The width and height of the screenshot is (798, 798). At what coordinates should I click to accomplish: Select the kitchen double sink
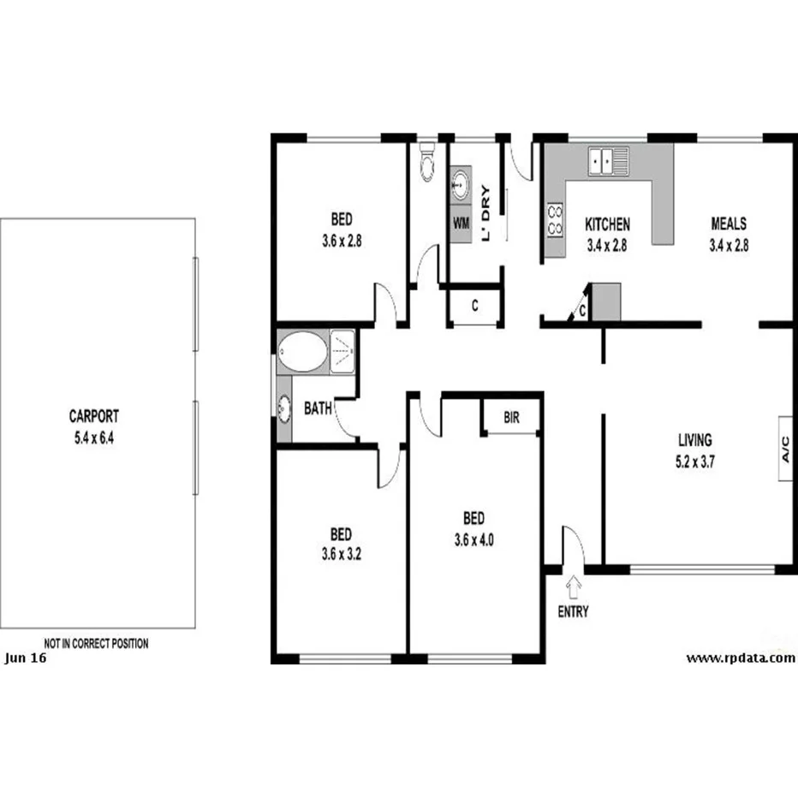[607, 160]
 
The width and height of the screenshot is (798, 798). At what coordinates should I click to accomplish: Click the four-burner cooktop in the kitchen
[555, 220]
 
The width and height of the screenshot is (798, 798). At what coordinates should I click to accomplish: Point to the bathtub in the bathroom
[302, 353]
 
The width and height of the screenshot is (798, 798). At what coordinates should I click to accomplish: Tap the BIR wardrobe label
[511, 419]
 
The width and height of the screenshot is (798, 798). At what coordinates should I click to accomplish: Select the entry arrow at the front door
[573, 587]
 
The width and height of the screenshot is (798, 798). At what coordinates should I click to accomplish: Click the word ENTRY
[573, 611]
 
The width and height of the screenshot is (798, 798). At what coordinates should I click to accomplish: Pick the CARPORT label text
[93, 417]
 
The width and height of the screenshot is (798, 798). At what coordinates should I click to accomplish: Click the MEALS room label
[729, 224]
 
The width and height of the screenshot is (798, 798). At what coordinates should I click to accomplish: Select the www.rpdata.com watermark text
[741, 658]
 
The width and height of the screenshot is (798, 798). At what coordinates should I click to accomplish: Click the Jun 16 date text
[26, 658]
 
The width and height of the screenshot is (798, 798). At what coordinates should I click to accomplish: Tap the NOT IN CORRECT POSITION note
[96, 643]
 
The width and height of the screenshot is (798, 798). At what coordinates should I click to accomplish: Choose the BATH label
[318, 409]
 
